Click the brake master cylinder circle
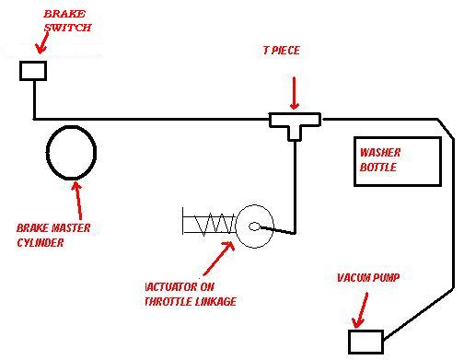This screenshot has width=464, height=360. [x=47, y=153]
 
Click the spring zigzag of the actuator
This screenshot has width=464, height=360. [x=215, y=224]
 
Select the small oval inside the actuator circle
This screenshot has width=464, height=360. [x=254, y=226]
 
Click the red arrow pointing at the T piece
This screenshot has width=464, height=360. [x=295, y=93]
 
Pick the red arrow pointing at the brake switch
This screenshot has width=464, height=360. [x=42, y=42]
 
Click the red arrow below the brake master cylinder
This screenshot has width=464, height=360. [x=78, y=201]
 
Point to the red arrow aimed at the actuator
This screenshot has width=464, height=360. [x=218, y=258]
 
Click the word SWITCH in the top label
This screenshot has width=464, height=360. [x=68, y=28]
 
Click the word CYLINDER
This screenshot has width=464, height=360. [x=41, y=243]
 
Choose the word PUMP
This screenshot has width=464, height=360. [x=386, y=278]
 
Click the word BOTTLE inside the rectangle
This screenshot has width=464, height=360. [x=378, y=168]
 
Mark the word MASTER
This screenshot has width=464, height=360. [x=71, y=227]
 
